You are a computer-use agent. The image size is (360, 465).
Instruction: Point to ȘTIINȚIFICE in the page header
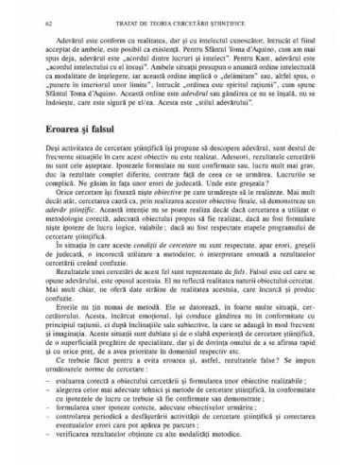click(290, 11)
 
